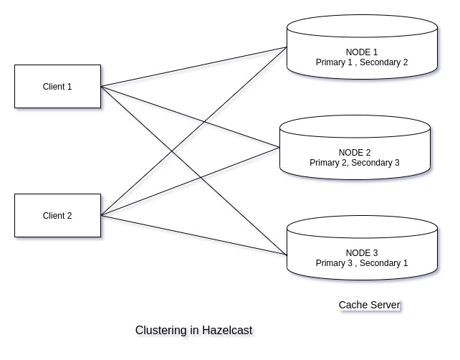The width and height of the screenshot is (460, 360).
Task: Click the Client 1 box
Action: pos(57,87)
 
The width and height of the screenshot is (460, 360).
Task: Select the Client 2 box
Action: pos(57,215)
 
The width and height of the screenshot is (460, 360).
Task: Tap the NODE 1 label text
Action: pos(361,52)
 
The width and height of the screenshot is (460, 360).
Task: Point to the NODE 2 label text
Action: pos(354,153)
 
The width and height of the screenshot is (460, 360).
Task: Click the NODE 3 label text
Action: pos(361,253)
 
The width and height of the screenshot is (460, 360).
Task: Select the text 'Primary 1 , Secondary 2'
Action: pos(361,63)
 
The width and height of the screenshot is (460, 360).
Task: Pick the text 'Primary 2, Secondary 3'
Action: pos(354,163)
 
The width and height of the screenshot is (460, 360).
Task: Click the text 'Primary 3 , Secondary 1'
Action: pos(361,263)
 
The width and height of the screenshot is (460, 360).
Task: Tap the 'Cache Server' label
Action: pos(369,305)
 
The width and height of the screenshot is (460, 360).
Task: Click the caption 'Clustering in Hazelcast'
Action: pos(193,331)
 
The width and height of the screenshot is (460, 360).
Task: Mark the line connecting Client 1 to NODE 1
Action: pos(193,67)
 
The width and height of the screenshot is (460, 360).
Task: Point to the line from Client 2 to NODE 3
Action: pos(193,234)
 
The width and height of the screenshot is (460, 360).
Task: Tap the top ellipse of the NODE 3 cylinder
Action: pos(361,229)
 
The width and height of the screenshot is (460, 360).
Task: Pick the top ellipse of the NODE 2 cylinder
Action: pos(354,128)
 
